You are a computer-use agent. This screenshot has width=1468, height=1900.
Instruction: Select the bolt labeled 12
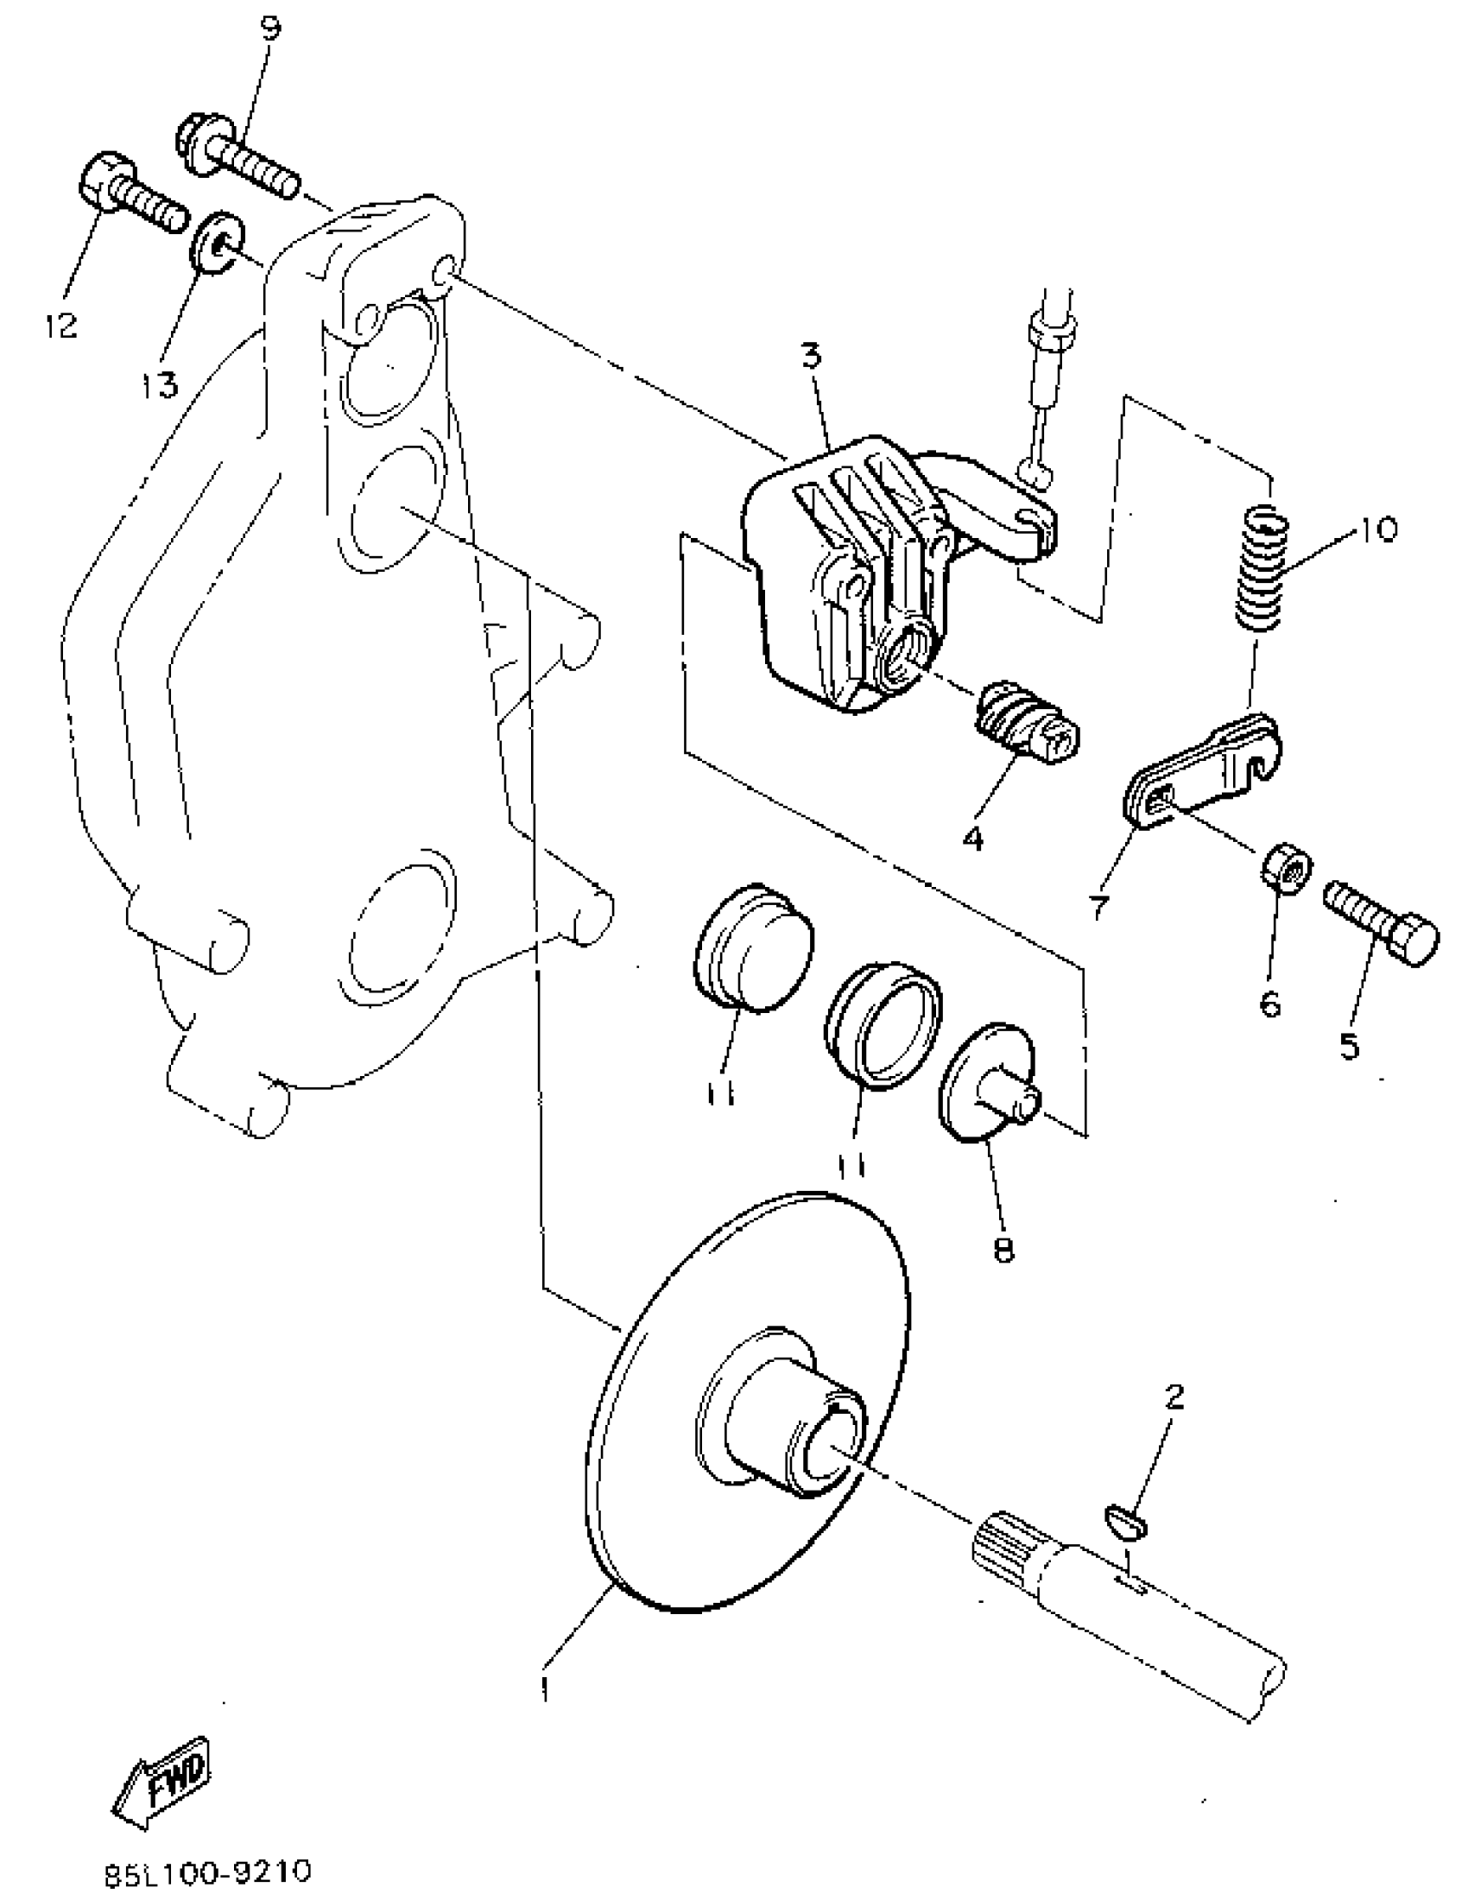point(130,196)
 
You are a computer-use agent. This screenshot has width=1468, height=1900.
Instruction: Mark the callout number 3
point(811,358)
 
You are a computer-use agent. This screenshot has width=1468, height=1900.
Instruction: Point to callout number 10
point(1374,528)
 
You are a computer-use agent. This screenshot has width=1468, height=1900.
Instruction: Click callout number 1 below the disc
point(545,1688)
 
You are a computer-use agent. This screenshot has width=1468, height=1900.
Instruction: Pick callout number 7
point(1100,905)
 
